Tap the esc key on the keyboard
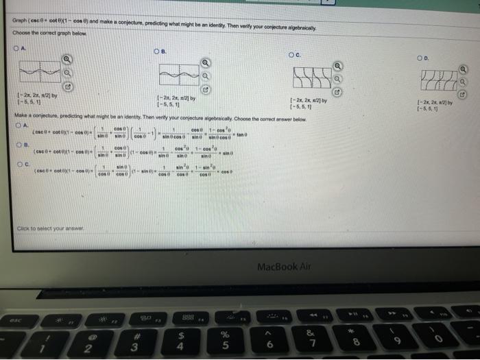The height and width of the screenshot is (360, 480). pyautogui.click(x=16, y=318)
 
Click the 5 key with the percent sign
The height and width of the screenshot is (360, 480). pyautogui.click(x=224, y=340)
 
